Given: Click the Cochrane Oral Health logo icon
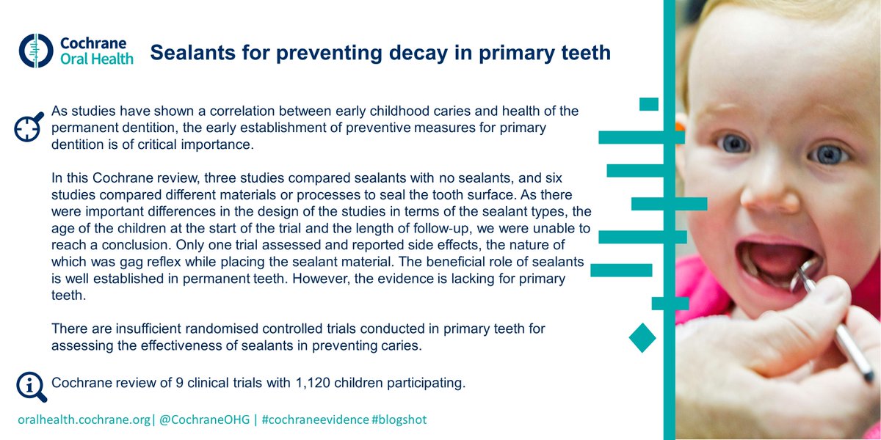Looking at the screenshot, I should pyautogui.click(x=32, y=49).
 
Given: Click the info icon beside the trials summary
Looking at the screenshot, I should pyautogui.click(x=30, y=386).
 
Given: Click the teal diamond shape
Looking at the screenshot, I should pyautogui.click(x=642, y=337).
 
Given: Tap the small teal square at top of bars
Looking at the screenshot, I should pyautogui.click(x=649, y=104).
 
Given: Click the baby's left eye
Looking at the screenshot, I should pyautogui.click(x=828, y=154).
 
